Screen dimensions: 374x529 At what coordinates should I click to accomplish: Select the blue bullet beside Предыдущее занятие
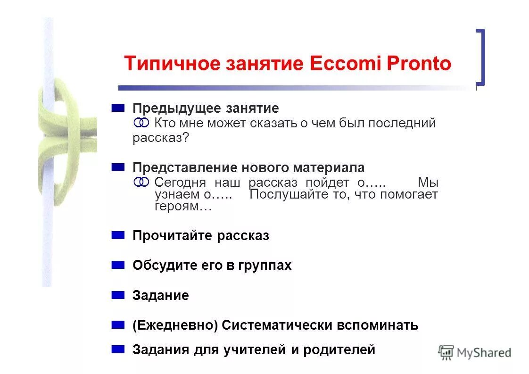point(118,108)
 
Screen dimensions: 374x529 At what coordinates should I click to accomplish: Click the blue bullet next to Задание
point(118,295)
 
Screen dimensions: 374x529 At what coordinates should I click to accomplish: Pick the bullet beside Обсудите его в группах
point(118,265)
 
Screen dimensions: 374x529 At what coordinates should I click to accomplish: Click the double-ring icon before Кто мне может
point(141,123)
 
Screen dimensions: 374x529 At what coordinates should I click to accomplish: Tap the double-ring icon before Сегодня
point(141,183)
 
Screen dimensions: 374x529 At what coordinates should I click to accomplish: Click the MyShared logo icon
point(446,352)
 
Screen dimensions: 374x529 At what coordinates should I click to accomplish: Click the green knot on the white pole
point(66,137)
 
